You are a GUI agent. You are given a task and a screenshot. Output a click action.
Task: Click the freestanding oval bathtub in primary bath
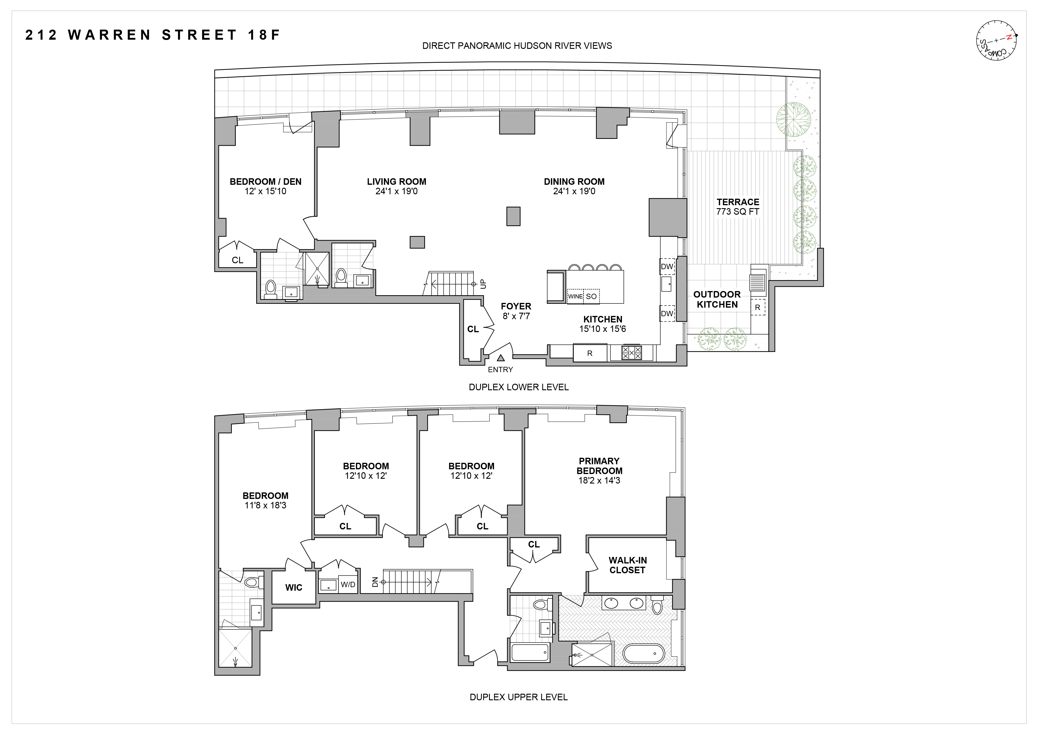click(644, 653)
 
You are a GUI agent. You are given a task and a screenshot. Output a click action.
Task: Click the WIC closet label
click(294, 587)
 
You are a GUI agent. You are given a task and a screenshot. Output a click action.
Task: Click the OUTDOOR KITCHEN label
click(717, 299)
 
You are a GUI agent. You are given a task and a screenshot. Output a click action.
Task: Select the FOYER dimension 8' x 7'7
click(516, 316)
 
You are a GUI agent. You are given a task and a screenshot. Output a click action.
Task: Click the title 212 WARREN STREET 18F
click(153, 35)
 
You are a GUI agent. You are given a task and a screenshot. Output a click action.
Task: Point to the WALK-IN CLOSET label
click(627, 565)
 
